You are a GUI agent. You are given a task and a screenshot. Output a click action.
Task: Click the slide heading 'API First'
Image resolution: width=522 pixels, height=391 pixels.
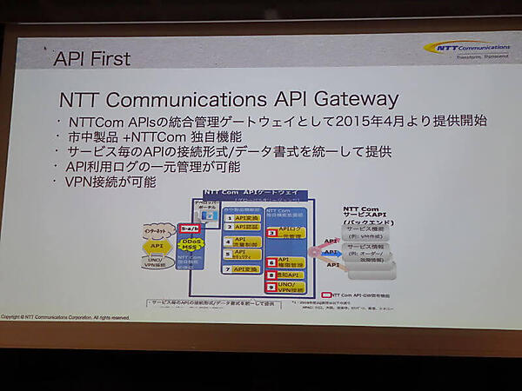(92, 59)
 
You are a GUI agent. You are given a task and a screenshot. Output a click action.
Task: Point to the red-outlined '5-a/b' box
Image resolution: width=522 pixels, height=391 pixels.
(190, 228)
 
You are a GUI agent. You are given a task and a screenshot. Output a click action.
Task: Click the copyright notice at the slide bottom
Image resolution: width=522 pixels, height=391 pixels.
(65, 317)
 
